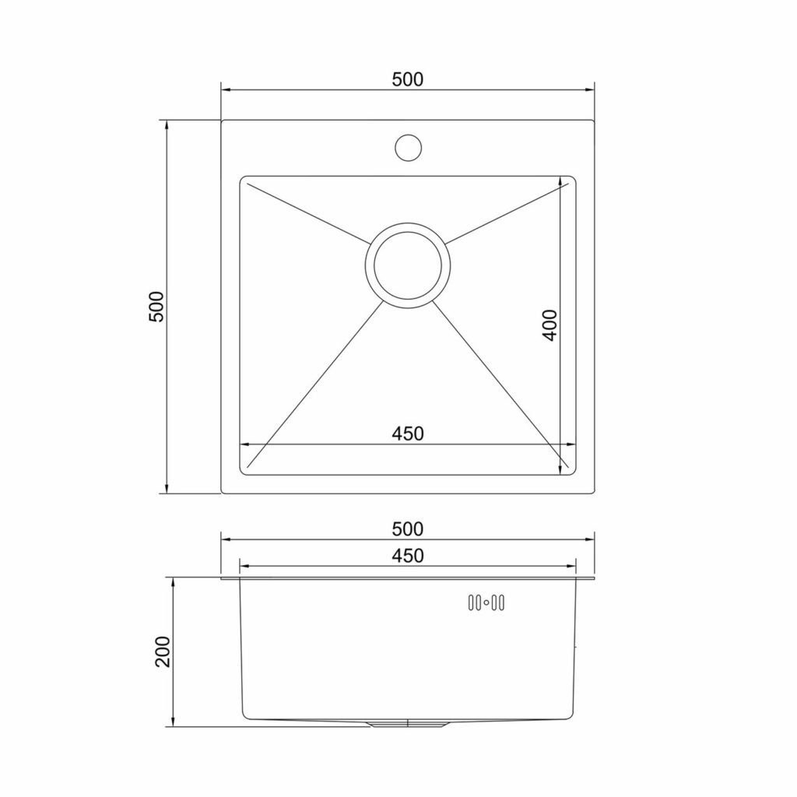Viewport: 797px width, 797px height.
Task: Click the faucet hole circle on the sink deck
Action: click(x=408, y=147)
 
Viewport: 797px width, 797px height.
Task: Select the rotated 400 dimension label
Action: click(x=549, y=325)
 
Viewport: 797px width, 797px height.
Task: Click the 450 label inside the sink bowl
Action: click(x=408, y=434)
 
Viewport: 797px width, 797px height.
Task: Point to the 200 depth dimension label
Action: click(x=163, y=651)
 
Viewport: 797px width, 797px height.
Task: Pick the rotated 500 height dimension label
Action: click(x=156, y=307)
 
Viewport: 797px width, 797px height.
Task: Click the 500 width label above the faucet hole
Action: click(x=407, y=79)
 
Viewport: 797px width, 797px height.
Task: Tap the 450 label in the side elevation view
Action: click(x=408, y=556)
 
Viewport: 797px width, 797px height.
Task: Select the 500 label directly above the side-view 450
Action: click(x=407, y=529)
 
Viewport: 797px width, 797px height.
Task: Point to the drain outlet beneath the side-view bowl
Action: click(x=407, y=724)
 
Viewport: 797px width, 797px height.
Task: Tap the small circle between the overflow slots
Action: click(x=486, y=602)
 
